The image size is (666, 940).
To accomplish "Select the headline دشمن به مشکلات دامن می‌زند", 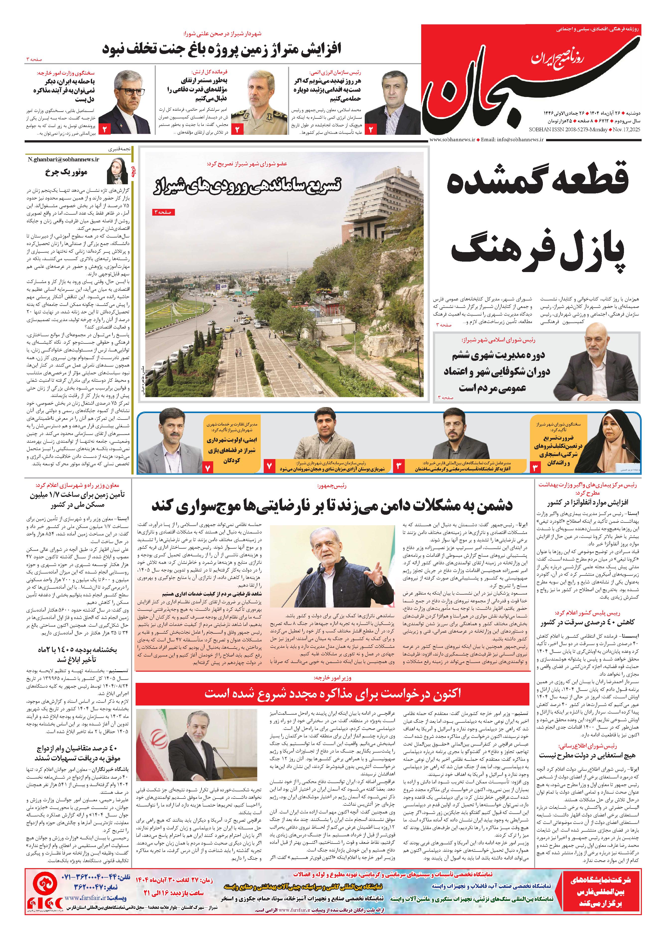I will (332, 505).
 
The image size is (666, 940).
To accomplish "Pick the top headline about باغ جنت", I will (221, 49).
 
